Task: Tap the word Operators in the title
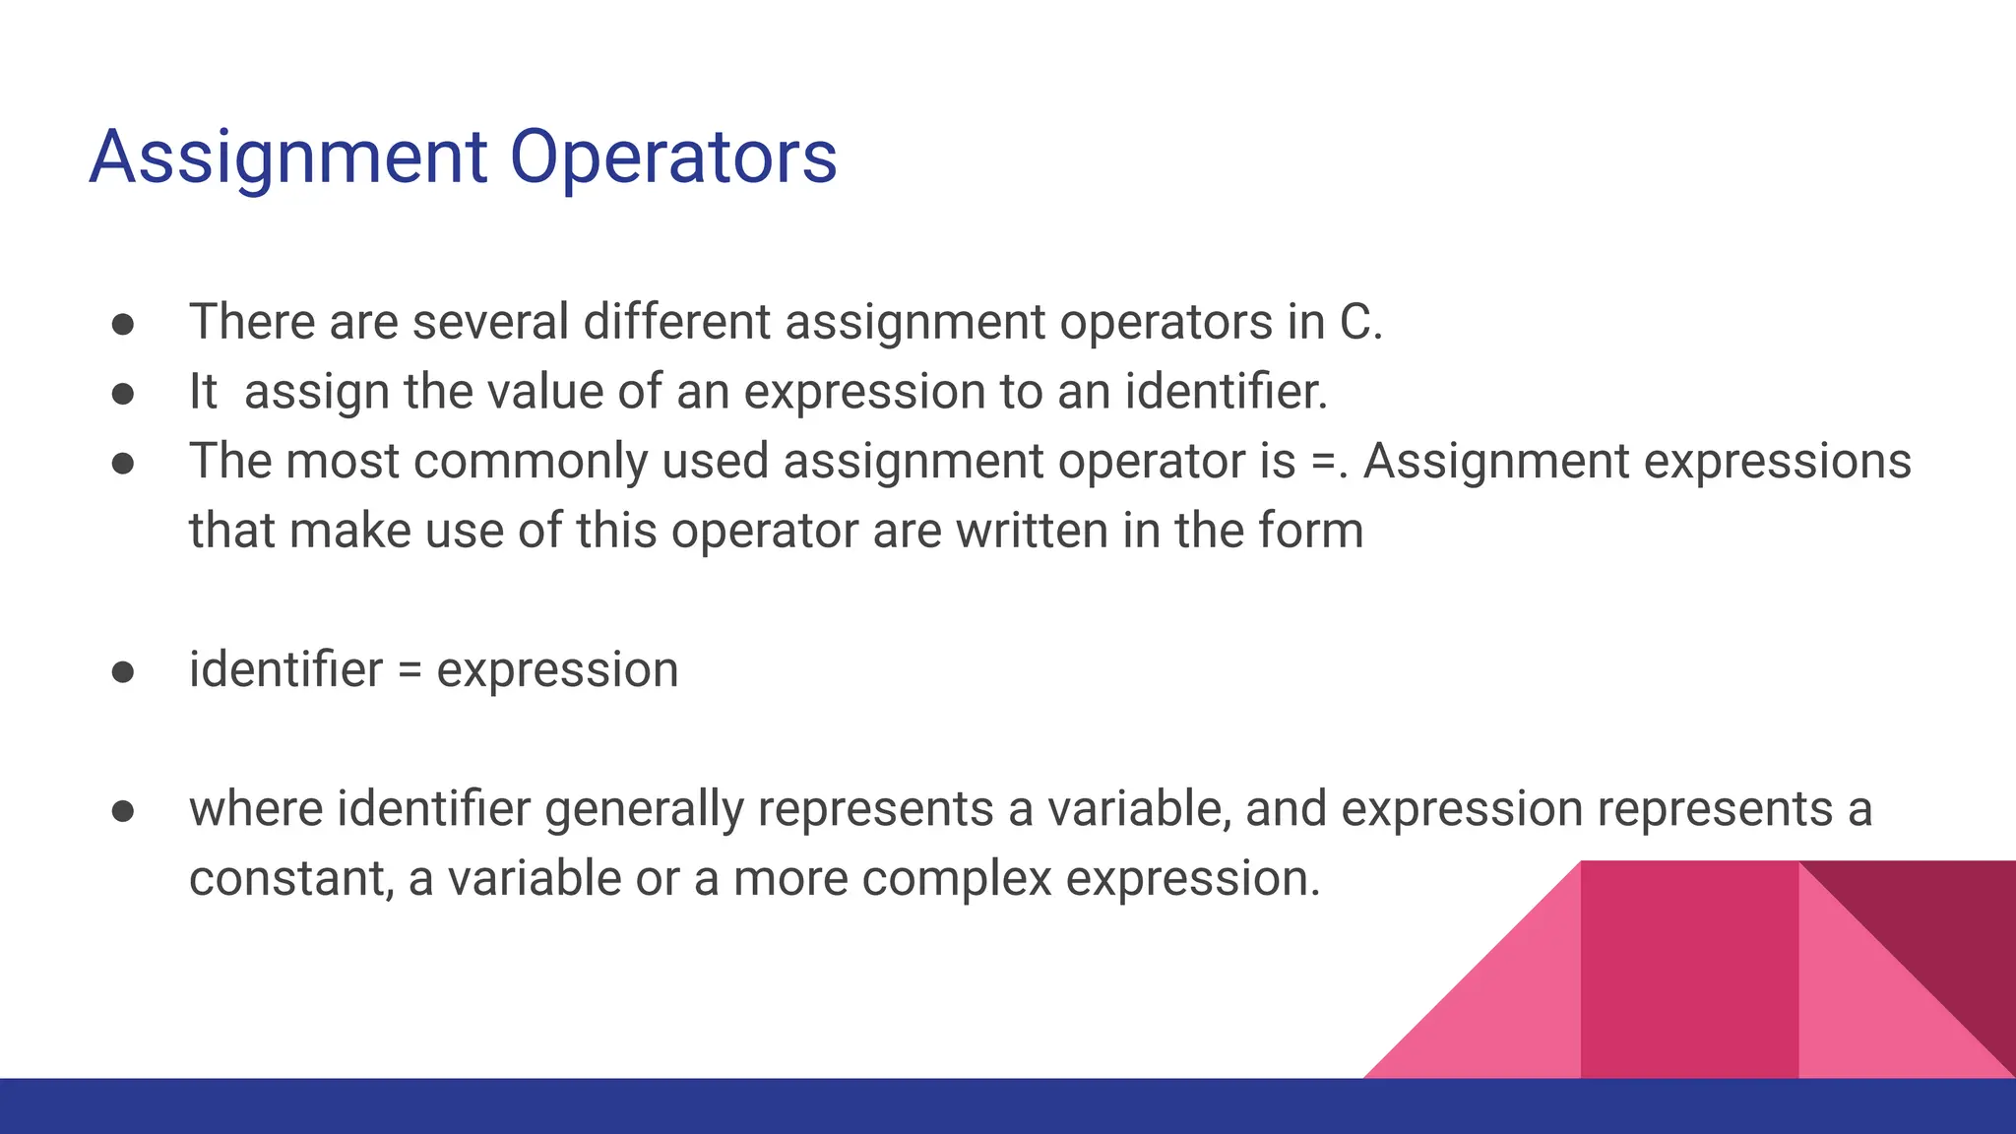[x=673, y=157]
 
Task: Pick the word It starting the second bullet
[x=203, y=392]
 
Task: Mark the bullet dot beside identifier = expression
[x=123, y=671]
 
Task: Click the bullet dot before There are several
[x=123, y=324]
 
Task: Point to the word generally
[x=644, y=809]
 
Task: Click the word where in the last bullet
[x=256, y=809]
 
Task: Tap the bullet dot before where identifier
[x=123, y=810]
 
